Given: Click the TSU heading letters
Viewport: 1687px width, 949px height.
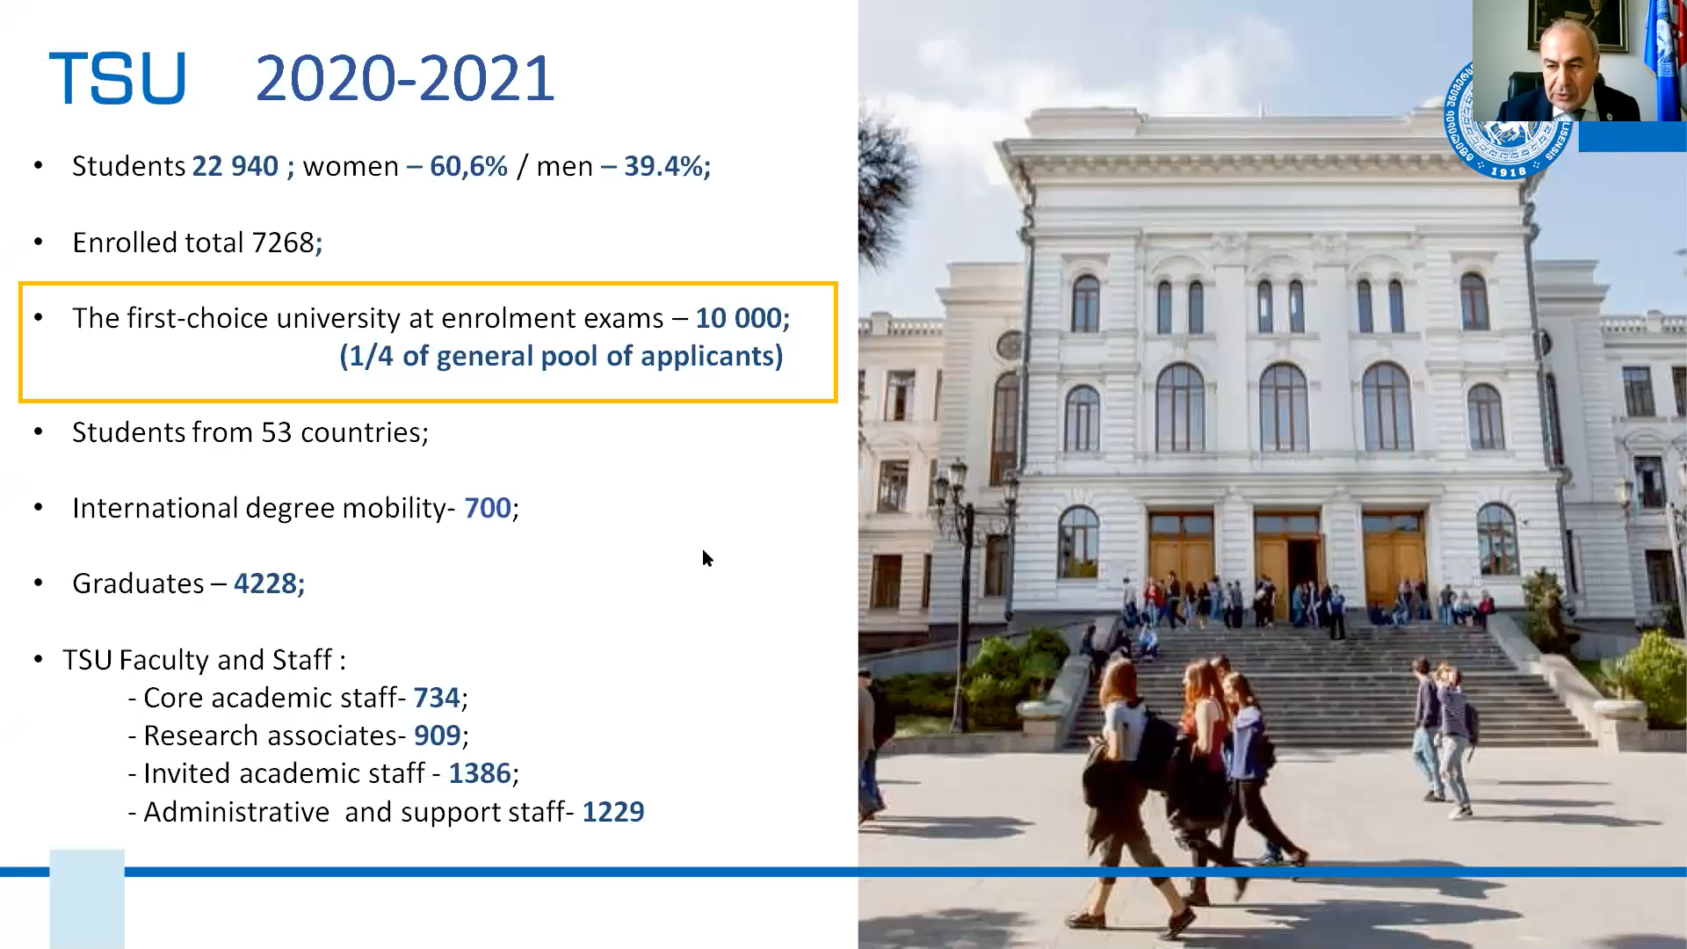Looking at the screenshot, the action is (x=118, y=79).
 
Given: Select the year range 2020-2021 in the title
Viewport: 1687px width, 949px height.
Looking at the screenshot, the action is (x=405, y=79).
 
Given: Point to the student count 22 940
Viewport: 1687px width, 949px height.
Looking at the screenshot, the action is (x=235, y=166).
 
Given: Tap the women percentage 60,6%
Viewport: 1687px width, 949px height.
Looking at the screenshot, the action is (x=468, y=166).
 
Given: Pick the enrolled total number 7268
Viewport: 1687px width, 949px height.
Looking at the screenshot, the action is (x=283, y=243).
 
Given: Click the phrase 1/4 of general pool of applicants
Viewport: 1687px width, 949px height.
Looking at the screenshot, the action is (x=561, y=356).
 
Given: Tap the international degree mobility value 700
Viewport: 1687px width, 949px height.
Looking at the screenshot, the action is (x=488, y=508).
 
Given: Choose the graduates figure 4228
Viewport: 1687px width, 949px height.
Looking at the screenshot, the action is (x=265, y=583).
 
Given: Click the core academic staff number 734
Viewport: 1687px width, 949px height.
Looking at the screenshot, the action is (x=437, y=698).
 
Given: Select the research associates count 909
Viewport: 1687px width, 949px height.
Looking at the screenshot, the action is (x=438, y=735).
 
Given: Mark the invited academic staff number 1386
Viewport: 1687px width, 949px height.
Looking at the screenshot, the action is (x=480, y=773).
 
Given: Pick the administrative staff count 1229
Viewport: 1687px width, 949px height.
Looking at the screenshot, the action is (x=613, y=812).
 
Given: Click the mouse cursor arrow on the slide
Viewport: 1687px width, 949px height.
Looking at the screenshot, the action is (x=707, y=558).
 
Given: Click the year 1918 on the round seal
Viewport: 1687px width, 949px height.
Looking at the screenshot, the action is (x=1509, y=171).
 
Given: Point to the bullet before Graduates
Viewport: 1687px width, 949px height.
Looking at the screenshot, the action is (x=38, y=583).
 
